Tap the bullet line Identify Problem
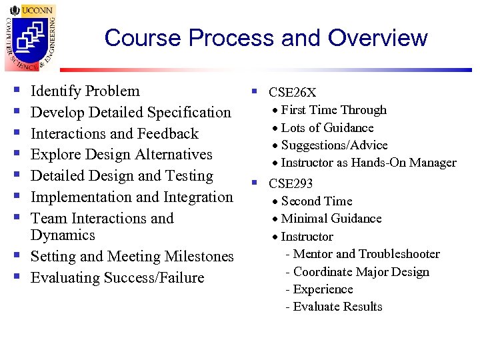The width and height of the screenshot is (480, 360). pos(85,91)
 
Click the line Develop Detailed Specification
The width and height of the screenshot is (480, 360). pos(131,113)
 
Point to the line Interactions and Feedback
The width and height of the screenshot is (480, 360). pos(115,133)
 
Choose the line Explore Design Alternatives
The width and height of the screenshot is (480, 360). pos(121,155)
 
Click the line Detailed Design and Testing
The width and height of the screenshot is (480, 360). pos(122,176)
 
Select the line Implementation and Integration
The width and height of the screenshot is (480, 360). pos(132,197)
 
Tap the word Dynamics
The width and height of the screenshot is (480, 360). pos(63,235)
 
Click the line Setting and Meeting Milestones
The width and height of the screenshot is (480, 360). pos(132,257)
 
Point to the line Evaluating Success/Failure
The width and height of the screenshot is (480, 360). pos(117,278)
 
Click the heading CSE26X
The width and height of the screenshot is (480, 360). pos(292,93)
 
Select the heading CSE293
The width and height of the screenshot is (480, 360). pos(291,183)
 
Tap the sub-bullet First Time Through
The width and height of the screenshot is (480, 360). pos(333,110)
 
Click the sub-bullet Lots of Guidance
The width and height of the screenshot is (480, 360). pos(327,128)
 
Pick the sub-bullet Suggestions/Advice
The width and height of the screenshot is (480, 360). pos(334,145)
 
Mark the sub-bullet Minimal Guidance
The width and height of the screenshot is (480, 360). pos(331,219)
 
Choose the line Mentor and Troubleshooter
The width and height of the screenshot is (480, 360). pos(366,254)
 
